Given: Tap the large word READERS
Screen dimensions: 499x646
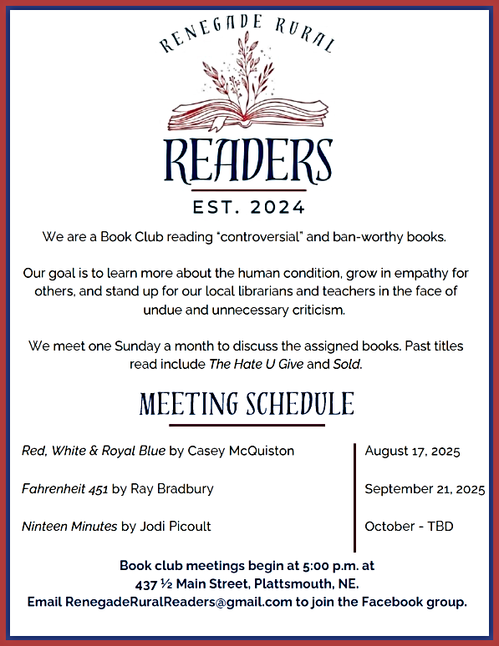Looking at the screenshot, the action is (248, 162).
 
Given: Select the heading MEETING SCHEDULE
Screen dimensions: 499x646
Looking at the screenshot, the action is (247, 405).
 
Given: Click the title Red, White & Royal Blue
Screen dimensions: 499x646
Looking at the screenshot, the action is (94, 452).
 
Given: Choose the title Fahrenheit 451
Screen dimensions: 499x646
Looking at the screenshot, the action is (64, 489).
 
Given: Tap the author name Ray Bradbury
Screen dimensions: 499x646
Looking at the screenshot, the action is (172, 489).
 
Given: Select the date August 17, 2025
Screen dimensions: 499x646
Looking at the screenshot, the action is (413, 452).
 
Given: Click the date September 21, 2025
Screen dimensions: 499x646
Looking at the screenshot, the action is (425, 489).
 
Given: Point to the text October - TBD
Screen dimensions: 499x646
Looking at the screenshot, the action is (410, 527).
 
